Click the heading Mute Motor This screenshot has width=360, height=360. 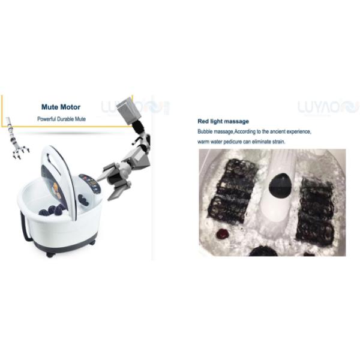(61, 107)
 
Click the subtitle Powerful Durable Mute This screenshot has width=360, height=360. (62, 119)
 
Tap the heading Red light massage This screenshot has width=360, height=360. (223, 121)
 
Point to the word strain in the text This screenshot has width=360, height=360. (278, 142)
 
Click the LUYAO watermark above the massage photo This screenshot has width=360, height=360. (328, 107)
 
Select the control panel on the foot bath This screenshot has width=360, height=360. (90, 183)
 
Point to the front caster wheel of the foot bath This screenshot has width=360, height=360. (50, 254)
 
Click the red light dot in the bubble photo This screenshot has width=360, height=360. (223, 234)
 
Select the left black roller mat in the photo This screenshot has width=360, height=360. (232, 190)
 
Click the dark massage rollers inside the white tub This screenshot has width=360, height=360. (53, 209)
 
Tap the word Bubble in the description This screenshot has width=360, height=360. (205, 131)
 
